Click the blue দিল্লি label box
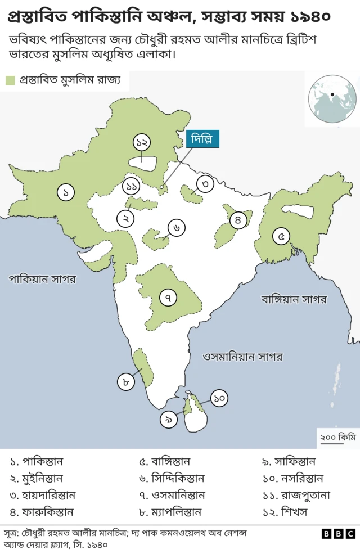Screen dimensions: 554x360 click(202, 138)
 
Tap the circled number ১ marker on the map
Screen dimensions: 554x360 click(66, 192)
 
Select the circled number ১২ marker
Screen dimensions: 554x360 click(142, 142)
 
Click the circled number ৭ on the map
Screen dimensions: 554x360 click(168, 296)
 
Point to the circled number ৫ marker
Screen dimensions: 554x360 click(281, 236)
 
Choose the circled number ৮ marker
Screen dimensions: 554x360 click(126, 382)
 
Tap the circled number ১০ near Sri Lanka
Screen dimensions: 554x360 click(219, 398)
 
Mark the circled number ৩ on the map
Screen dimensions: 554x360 click(206, 183)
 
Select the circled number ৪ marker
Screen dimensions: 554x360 click(238, 220)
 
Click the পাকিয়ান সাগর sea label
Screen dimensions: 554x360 click(42, 279)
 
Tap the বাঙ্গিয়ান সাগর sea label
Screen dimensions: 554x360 click(294, 299)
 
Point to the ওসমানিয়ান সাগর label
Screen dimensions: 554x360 click(242, 357)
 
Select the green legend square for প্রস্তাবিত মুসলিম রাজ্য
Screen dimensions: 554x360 click(10, 81)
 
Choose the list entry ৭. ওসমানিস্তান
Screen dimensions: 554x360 click(172, 495)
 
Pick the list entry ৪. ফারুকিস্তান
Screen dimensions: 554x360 click(42, 512)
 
